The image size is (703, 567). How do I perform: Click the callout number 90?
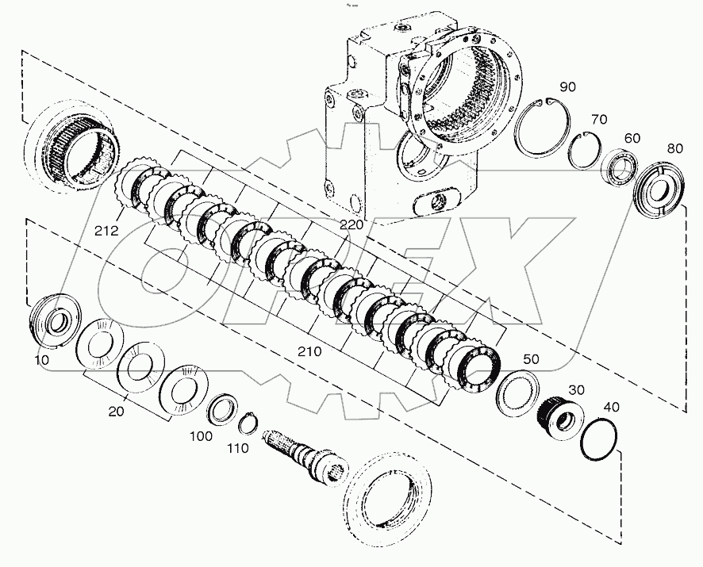[x=567, y=86]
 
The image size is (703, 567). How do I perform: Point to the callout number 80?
[x=674, y=147]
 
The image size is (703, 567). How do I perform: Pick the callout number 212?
[x=105, y=232]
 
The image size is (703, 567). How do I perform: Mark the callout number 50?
[x=530, y=359]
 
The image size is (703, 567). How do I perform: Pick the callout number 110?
[x=236, y=448]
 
